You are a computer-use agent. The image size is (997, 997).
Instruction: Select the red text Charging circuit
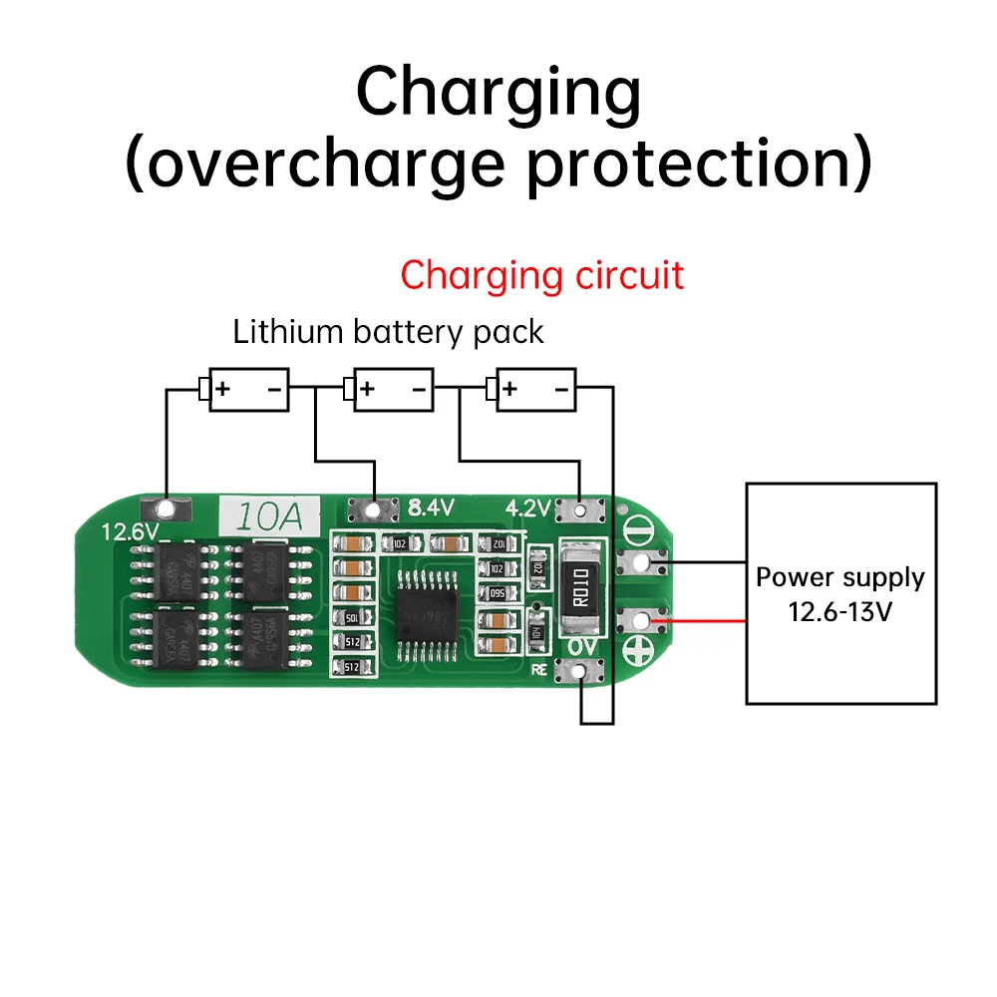click(542, 275)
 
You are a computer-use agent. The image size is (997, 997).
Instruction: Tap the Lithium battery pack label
click(388, 332)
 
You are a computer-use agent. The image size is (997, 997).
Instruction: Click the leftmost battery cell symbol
click(244, 389)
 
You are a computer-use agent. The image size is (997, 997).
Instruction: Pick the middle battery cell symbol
click(388, 389)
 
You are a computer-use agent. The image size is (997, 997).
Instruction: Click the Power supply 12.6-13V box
click(840, 593)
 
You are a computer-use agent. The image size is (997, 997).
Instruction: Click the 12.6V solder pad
click(166, 510)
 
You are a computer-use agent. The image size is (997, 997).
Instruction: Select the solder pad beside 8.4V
click(374, 510)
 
